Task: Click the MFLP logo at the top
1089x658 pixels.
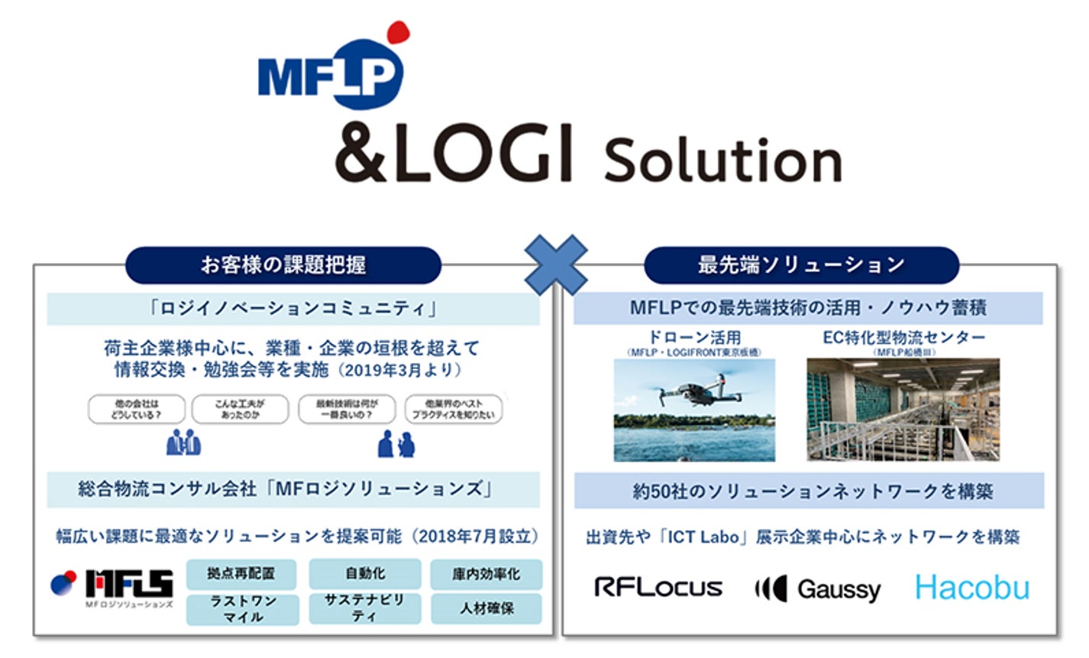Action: click(331, 74)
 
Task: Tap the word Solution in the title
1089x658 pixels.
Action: click(722, 160)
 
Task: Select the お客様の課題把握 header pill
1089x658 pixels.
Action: click(283, 265)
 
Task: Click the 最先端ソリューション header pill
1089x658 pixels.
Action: click(801, 265)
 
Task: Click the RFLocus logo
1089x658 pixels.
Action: click(658, 587)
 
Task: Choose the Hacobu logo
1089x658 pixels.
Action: click(971, 588)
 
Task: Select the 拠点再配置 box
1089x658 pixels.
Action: click(241, 573)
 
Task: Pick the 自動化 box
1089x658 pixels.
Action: click(364, 573)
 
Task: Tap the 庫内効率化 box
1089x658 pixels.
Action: click(486, 574)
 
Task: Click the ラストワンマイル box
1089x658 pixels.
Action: click(242, 609)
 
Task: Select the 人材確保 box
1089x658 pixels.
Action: click(486, 609)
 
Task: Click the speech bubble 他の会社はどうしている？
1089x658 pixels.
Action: click(137, 409)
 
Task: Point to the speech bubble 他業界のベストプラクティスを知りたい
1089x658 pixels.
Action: click(454, 409)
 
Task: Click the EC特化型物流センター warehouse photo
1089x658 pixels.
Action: click(903, 410)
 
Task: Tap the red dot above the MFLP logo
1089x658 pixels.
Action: click(397, 32)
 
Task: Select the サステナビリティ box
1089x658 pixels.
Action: click(364, 608)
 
